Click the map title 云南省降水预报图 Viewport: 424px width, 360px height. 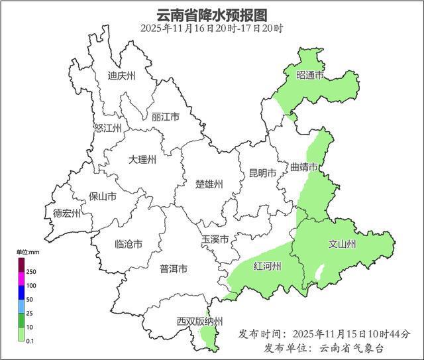point(211,15)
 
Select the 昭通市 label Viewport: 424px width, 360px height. point(310,76)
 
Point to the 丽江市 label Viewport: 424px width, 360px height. point(166,117)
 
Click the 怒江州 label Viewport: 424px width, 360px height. point(107,129)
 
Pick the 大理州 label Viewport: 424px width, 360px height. point(142,160)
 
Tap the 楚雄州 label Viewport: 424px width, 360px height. point(209,184)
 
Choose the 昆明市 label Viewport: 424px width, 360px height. point(262,173)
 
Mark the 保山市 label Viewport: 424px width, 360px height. point(103,197)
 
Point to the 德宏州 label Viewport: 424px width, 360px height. point(67,213)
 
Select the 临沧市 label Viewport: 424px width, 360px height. point(129,244)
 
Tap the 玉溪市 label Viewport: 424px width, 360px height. point(215,239)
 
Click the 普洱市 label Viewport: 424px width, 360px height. point(174,269)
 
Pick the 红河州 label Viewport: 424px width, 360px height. point(268,267)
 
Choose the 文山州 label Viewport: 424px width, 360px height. point(343,244)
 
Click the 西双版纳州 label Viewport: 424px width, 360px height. point(199,322)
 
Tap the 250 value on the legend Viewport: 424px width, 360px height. point(31,272)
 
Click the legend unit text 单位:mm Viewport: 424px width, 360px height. point(28,253)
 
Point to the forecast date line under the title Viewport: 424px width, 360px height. point(211,29)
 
